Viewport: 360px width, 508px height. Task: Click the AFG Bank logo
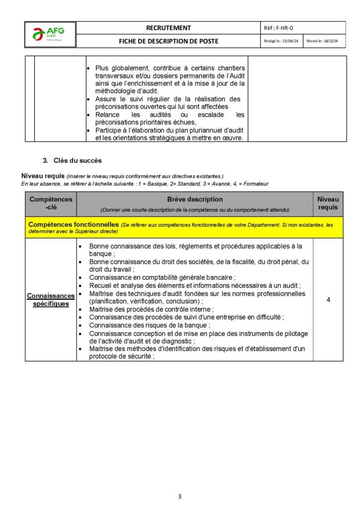(50, 35)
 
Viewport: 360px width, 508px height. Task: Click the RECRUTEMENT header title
(168, 28)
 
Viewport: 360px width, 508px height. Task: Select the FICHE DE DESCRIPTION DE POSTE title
(168, 41)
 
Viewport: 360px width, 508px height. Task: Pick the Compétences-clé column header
(51, 203)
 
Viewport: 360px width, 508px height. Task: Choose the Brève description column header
(195, 199)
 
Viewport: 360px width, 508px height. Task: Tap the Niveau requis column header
(328, 203)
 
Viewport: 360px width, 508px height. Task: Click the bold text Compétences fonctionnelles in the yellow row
(73, 225)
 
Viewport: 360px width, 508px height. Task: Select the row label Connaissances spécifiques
(51, 300)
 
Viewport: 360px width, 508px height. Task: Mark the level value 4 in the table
(328, 300)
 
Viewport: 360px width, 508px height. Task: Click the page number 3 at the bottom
(180, 496)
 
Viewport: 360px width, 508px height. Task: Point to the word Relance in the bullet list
(108, 115)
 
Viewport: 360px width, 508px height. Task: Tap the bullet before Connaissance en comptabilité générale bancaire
(80, 277)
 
